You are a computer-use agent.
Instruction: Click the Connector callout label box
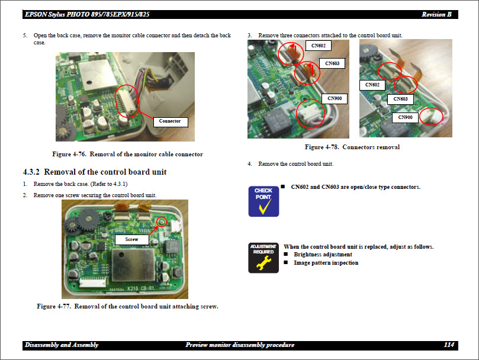click(x=170, y=121)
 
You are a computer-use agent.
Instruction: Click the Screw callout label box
click(x=131, y=239)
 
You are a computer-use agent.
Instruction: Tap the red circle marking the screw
click(x=160, y=222)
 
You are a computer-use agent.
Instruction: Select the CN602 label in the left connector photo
click(x=319, y=46)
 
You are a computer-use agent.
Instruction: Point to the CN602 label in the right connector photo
click(x=372, y=85)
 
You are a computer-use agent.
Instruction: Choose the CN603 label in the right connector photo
click(x=401, y=99)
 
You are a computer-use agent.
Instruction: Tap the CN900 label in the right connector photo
click(x=406, y=117)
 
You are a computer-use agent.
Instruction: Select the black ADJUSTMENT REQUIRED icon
click(x=263, y=258)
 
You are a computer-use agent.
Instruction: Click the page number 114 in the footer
click(x=449, y=345)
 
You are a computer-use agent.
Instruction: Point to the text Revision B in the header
click(x=438, y=14)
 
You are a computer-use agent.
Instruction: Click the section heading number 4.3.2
click(x=31, y=172)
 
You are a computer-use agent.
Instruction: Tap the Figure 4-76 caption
click(x=127, y=154)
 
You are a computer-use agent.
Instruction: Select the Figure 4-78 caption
click(x=352, y=147)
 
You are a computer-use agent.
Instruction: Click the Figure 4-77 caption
click(x=127, y=306)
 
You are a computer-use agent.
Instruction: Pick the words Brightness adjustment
click(x=323, y=255)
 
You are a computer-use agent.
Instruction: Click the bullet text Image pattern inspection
click(x=326, y=262)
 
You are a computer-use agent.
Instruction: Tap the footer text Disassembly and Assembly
click(x=62, y=345)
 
